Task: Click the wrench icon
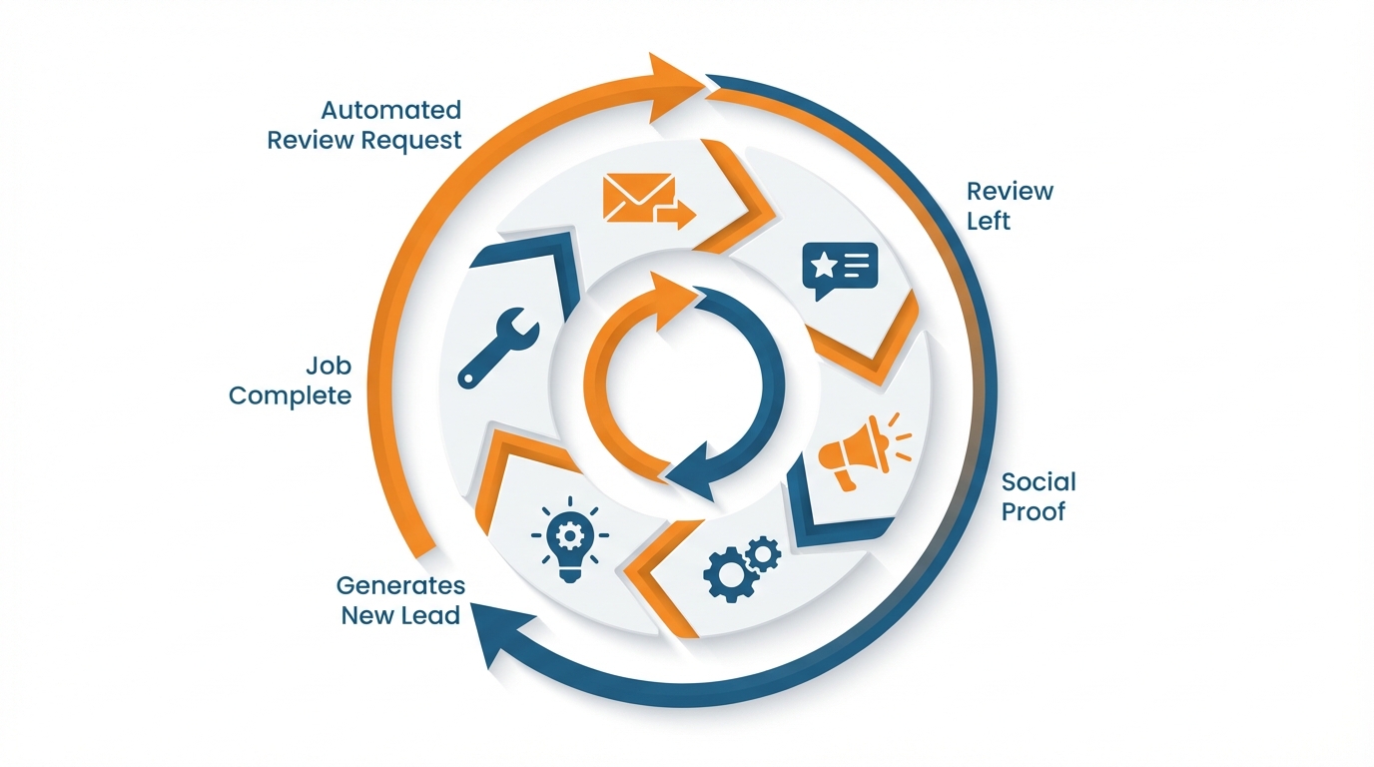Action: pos(498,348)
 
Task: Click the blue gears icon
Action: pos(741,566)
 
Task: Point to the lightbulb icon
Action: pos(569,540)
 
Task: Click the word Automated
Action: pos(390,110)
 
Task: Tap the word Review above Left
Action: pos(1010,191)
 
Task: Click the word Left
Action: pos(989,221)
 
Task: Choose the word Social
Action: pos(1038,482)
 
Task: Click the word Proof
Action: pos(1033,512)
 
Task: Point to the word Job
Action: pos(330,366)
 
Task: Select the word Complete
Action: pos(290,395)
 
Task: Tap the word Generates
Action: pos(400,585)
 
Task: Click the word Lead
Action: pos(430,615)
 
